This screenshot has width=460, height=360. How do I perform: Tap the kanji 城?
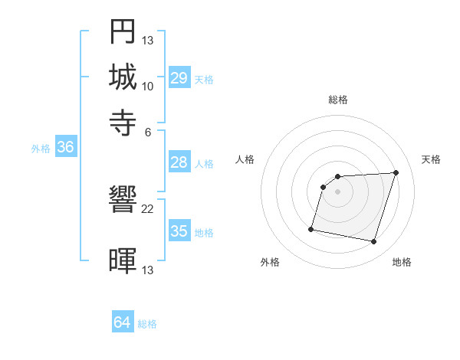(123, 77)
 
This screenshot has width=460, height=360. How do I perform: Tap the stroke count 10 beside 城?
(148, 86)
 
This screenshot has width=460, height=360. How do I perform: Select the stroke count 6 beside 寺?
(148, 131)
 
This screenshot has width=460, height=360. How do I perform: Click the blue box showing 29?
(179, 78)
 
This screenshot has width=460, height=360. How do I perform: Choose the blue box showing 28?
(179, 162)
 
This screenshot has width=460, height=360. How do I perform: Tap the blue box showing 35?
(179, 231)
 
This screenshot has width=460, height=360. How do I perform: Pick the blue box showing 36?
(65, 148)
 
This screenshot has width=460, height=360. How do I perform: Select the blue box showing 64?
(123, 323)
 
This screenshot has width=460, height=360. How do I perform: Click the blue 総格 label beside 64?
(147, 324)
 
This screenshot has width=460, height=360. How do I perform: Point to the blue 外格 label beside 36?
(41, 149)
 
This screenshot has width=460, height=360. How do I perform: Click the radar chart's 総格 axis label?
(338, 100)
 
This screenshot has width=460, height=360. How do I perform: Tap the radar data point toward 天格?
(396, 172)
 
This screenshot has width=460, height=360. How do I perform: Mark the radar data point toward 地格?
(373, 241)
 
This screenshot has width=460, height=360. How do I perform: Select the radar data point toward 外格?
(311, 228)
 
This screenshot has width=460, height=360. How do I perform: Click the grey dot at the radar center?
(338, 191)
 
